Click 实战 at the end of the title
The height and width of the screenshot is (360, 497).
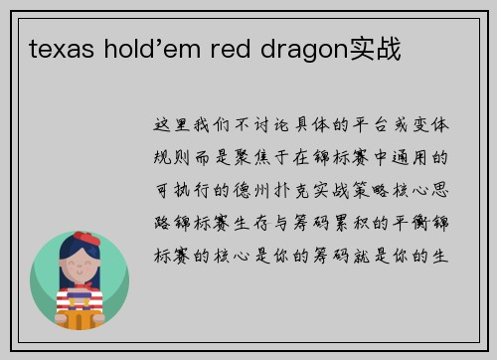pos(371,48)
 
